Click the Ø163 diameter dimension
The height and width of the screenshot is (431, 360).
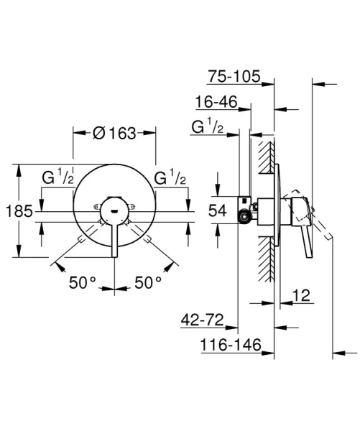114,133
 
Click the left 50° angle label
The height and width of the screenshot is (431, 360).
82,282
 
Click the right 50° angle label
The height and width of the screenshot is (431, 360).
148,282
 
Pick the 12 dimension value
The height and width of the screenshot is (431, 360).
301,295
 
